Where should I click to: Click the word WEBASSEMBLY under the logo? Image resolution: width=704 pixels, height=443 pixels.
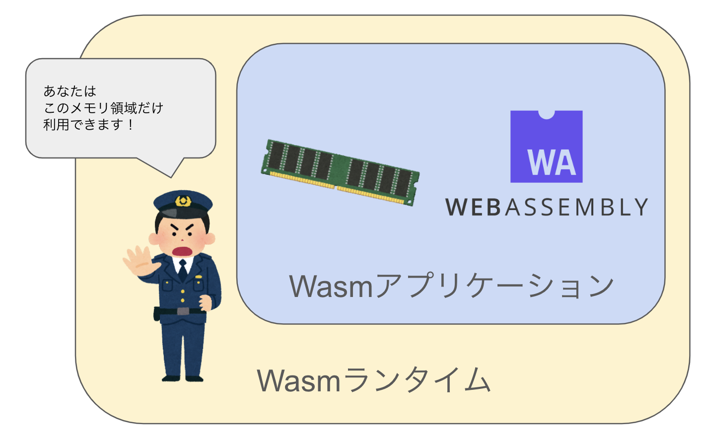[547, 207]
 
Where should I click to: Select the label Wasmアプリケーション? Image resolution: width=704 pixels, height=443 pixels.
[451, 286]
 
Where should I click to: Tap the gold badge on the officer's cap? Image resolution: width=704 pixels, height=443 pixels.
[183, 201]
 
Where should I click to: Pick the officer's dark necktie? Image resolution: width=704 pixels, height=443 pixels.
[183, 270]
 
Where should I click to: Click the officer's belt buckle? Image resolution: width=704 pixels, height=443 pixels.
[183, 311]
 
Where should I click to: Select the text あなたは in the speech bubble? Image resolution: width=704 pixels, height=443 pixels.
[70, 91]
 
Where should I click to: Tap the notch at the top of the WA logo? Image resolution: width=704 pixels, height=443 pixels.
[546, 114]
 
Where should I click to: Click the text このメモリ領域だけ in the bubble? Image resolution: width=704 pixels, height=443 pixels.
[103, 108]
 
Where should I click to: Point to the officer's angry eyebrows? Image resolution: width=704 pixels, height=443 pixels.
[182, 226]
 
